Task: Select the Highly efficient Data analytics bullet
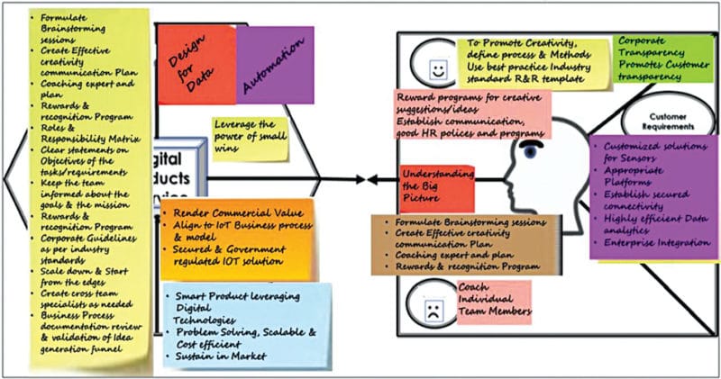click(x=650, y=222)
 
